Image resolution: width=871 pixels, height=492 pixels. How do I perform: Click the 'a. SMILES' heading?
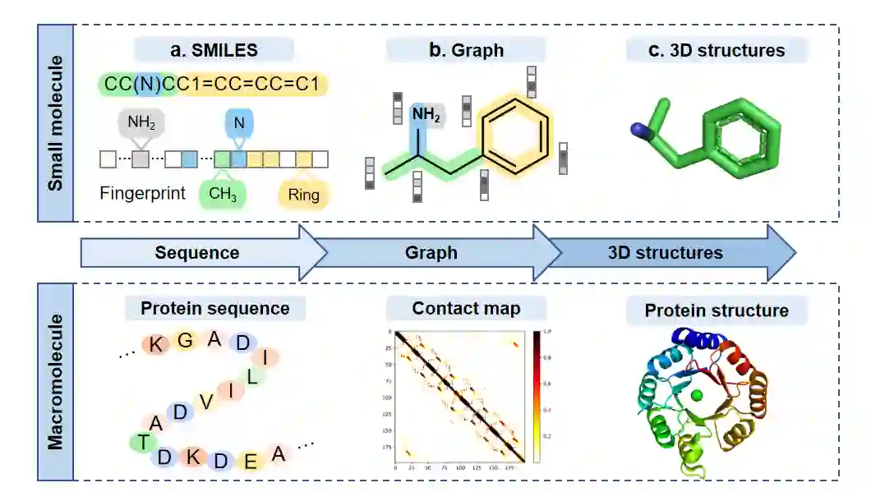pyautogui.click(x=214, y=50)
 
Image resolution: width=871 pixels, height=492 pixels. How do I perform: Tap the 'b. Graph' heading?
pyautogui.click(x=466, y=50)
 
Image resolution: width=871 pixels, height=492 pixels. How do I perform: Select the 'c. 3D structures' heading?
pyautogui.click(x=716, y=50)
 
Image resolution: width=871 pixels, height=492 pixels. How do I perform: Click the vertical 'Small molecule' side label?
pyautogui.click(x=55, y=123)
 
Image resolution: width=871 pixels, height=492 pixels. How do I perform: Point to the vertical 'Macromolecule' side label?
pyautogui.click(x=55, y=380)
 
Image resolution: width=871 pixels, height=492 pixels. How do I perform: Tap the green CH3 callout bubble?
pyautogui.click(x=222, y=195)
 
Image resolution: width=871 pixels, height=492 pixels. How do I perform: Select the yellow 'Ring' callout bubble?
pyautogui.click(x=303, y=195)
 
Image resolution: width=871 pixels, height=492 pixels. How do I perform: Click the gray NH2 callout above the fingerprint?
pyautogui.click(x=141, y=124)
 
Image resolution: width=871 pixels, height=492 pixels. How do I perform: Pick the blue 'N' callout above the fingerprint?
pyautogui.click(x=239, y=123)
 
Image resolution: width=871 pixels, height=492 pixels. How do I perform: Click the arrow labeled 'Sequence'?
pyautogui.click(x=197, y=252)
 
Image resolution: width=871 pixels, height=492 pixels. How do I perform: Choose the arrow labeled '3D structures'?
pyautogui.click(x=666, y=252)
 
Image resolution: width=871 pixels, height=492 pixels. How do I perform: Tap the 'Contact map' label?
pyautogui.click(x=466, y=308)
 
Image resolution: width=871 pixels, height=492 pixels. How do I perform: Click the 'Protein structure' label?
pyautogui.click(x=716, y=310)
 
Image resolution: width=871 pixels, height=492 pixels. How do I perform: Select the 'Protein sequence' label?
pyautogui.click(x=214, y=308)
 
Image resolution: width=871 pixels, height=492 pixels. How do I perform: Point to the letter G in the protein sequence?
pyautogui.click(x=185, y=340)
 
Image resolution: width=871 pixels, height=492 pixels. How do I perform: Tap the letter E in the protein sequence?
pyautogui.click(x=250, y=461)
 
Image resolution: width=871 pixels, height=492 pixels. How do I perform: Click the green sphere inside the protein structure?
pyautogui.click(x=698, y=397)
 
